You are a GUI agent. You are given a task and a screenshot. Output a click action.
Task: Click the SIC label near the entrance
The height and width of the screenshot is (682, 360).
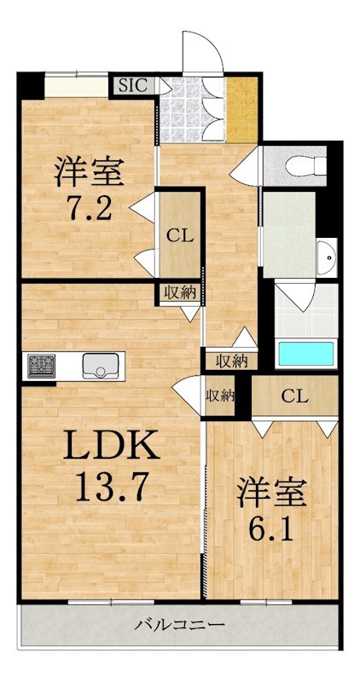[x=133, y=84]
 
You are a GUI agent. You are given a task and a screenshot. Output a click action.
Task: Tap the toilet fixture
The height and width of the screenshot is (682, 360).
[x=306, y=165]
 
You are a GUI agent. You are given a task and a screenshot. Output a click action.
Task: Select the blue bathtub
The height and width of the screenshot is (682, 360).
[x=306, y=353]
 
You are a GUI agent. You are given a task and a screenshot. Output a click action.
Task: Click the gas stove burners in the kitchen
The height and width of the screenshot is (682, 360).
[x=41, y=366]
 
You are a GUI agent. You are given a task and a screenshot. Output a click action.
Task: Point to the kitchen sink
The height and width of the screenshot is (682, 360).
[x=100, y=366]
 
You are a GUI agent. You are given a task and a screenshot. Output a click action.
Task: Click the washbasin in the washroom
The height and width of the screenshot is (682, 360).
[x=327, y=258]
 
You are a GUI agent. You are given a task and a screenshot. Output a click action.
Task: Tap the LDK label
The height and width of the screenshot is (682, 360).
[x=112, y=444]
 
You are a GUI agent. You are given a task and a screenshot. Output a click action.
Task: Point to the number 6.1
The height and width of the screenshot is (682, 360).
[x=270, y=527]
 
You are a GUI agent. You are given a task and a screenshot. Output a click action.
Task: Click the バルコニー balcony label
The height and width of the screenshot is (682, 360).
[x=179, y=626]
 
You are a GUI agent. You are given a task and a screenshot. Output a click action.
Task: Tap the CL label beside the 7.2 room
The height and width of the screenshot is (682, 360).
[x=181, y=237]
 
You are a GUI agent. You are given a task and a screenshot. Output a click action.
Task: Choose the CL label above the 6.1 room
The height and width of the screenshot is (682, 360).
[x=294, y=396]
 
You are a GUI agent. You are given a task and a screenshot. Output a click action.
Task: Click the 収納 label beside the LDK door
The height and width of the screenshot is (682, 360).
[x=220, y=396]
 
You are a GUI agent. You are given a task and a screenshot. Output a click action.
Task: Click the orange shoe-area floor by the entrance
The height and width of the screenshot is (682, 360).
[x=242, y=109]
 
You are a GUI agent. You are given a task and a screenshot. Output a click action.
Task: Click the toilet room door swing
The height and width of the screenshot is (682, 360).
[x=245, y=166]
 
